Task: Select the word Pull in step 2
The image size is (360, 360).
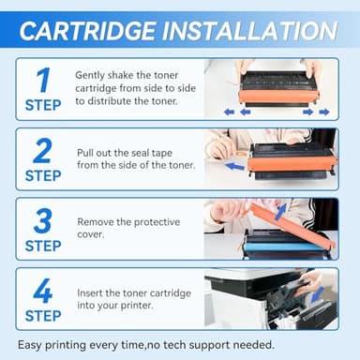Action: tap(87, 151)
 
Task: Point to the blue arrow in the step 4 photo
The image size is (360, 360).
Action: tap(318, 295)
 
